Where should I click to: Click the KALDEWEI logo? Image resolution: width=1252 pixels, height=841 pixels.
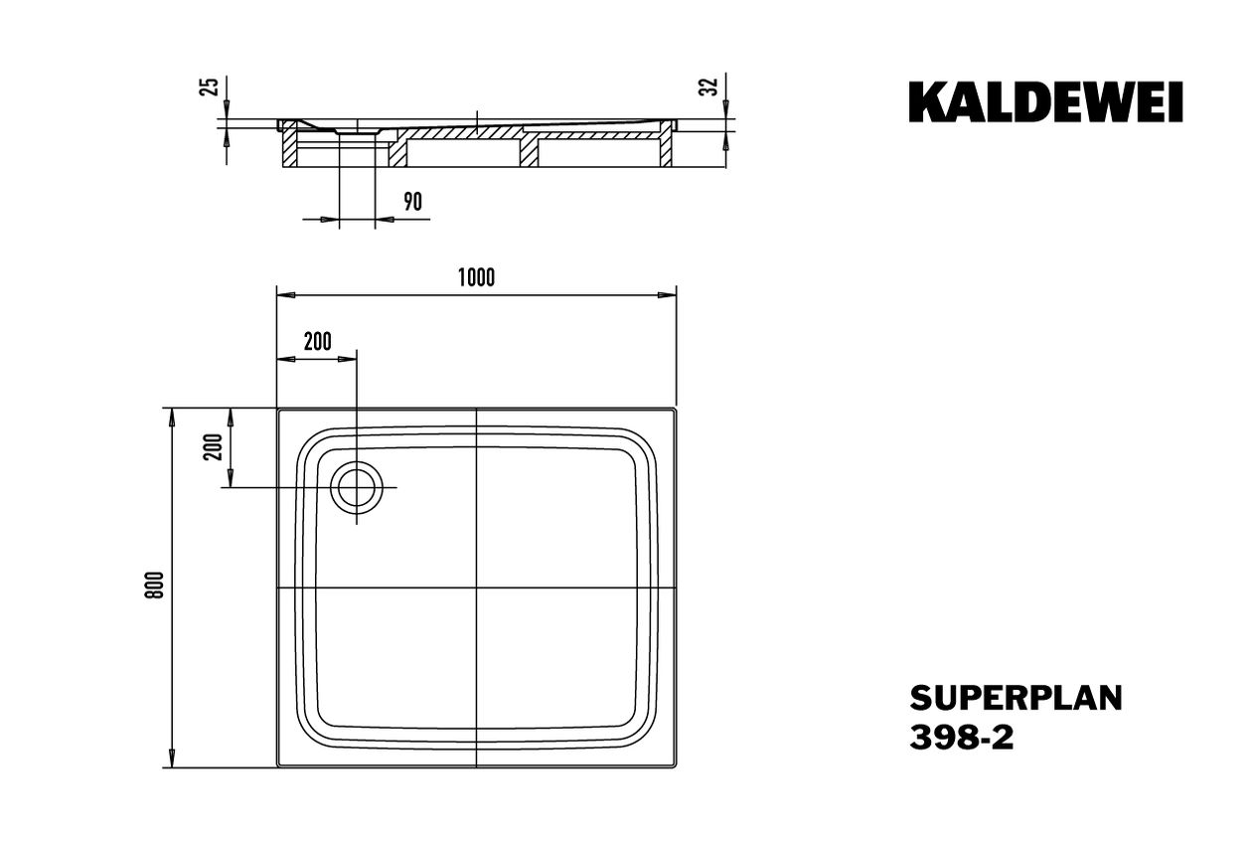1045,101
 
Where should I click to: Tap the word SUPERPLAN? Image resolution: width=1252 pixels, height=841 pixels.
1016,699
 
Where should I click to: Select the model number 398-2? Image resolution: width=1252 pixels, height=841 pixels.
962,738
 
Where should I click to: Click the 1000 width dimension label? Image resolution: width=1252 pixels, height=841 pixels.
476,277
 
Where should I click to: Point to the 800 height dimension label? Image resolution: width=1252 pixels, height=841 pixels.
155,586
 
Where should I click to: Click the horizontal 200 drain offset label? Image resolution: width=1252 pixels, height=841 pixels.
318,341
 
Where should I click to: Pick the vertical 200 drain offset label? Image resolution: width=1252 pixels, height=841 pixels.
214,446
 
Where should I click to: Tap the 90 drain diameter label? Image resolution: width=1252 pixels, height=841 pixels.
412,202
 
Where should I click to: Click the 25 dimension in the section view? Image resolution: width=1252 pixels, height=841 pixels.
209,86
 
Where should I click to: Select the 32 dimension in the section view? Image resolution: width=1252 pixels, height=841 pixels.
708,86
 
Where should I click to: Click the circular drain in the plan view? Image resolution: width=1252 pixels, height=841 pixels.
357,487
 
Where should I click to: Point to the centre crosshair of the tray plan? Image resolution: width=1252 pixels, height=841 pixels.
476,588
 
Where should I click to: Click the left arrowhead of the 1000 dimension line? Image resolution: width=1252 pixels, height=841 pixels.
285,295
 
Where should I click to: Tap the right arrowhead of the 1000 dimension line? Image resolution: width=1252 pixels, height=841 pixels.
668,295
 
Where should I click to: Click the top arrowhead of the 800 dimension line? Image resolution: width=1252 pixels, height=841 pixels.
172,418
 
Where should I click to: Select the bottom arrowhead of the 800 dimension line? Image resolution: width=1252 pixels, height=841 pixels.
172,758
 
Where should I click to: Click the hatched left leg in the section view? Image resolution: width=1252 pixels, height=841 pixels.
289,147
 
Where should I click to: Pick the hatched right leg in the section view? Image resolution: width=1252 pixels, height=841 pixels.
665,147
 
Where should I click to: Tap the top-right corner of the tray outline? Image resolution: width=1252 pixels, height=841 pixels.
677,409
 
